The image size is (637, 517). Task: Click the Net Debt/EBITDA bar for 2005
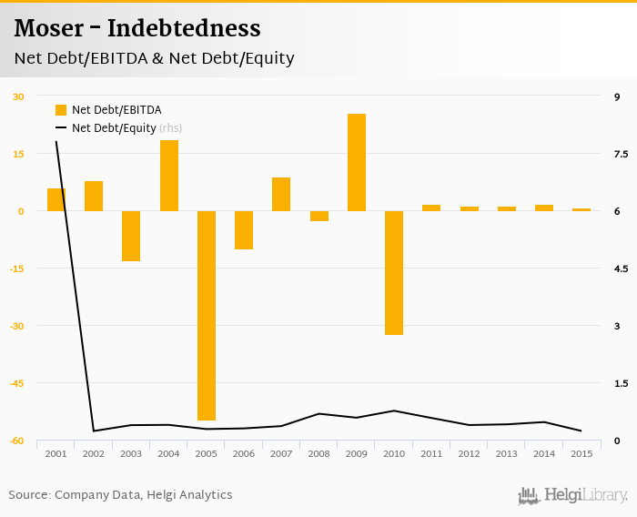pyautogui.click(x=207, y=315)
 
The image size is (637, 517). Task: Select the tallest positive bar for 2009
pyautogui.click(x=357, y=162)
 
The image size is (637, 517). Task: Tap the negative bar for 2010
pyautogui.click(x=394, y=272)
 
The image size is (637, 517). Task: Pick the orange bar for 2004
pyautogui.click(x=169, y=176)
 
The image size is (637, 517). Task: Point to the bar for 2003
pyautogui.click(x=131, y=236)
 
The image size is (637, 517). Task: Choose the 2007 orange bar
pyautogui.click(x=281, y=194)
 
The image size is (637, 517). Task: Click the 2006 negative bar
pyautogui.click(x=244, y=229)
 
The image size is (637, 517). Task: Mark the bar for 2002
pyautogui.click(x=94, y=196)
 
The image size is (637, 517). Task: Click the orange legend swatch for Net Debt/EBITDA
pyautogui.click(x=61, y=110)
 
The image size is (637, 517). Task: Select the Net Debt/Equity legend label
pyautogui.click(x=114, y=128)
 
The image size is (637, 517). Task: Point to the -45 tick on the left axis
pyautogui.click(x=18, y=383)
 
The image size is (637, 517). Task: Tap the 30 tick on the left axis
pyautogui.click(x=18, y=96)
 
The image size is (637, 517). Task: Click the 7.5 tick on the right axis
pyautogui.click(x=622, y=154)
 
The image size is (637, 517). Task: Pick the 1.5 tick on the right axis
pyautogui.click(x=622, y=383)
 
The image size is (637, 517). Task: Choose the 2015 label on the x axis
pyautogui.click(x=581, y=453)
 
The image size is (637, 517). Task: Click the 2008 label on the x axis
pyautogui.click(x=318, y=453)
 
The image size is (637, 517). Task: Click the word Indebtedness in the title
pyautogui.click(x=184, y=28)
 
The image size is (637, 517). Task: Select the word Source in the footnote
pyautogui.click(x=28, y=495)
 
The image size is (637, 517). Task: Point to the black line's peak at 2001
pyautogui.click(x=56, y=142)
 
